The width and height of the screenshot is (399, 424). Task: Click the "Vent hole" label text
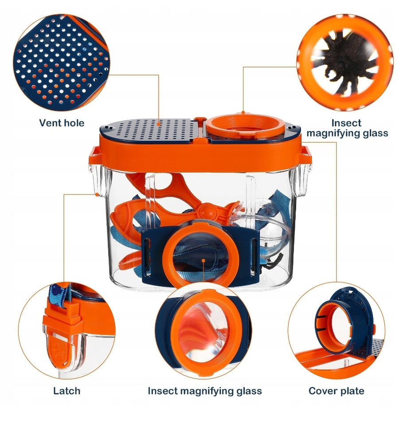(x=62, y=123)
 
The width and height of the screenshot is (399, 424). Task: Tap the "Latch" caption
(x=66, y=391)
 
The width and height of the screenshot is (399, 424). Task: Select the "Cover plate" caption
(x=336, y=391)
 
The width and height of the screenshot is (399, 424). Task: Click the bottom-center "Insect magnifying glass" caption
(x=205, y=391)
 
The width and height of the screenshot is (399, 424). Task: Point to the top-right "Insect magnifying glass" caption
(x=347, y=128)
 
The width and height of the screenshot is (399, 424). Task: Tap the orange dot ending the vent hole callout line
(x=159, y=124)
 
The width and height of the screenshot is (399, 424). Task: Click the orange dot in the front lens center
(x=203, y=260)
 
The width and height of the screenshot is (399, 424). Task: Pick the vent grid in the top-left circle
(x=61, y=63)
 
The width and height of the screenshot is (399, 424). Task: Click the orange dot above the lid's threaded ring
(x=243, y=112)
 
